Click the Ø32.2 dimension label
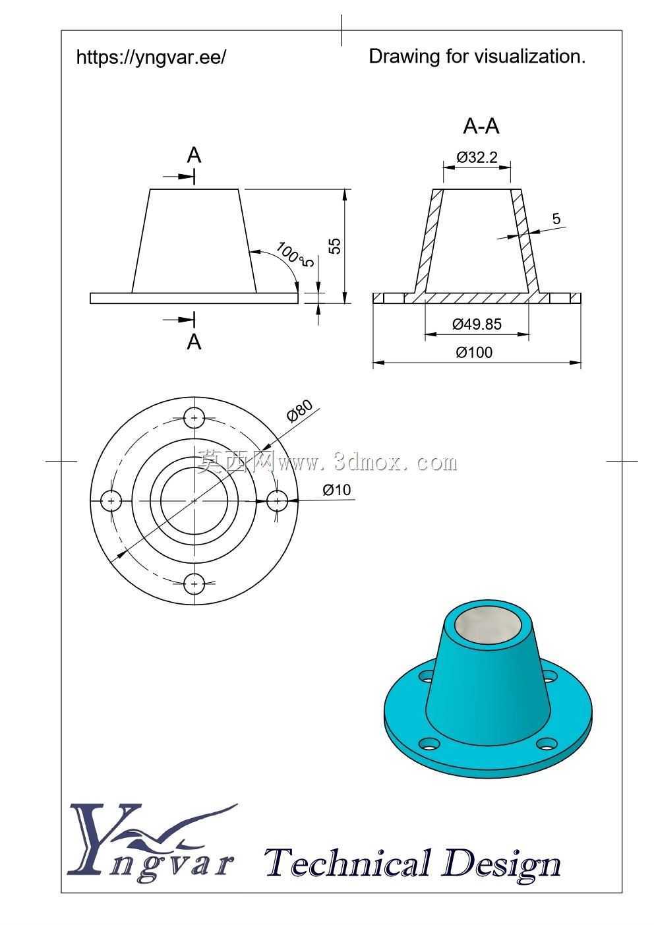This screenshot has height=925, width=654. click(477, 158)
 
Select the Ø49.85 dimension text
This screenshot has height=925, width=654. click(477, 324)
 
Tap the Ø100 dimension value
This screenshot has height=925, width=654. click(474, 352)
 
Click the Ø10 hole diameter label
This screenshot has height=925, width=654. click(336, 490)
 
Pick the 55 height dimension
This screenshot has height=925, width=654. click(336, 246)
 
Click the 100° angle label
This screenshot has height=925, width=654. click(288, 253)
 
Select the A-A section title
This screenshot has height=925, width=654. click(481, 126)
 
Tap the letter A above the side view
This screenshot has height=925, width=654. click(194, 156)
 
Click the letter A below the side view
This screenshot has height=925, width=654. click(194, 342)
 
